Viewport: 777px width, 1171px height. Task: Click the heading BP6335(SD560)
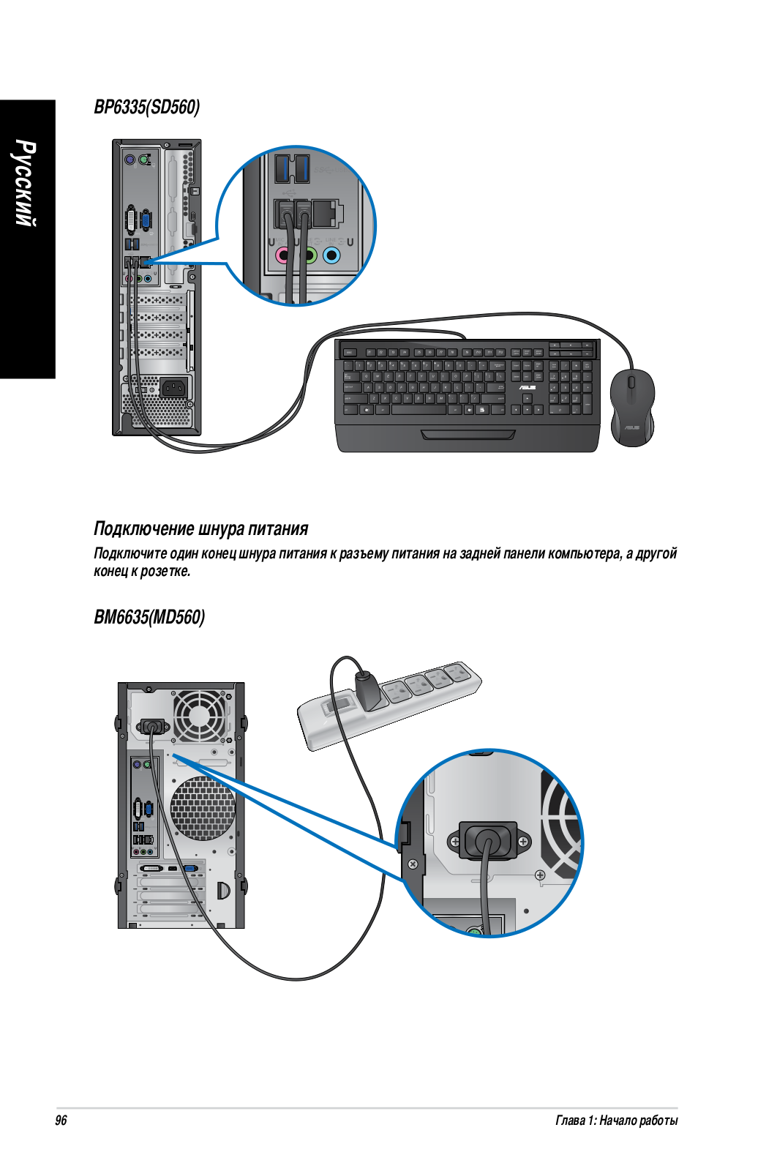pos(147,107)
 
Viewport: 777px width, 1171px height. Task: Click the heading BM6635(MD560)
pos(149,617)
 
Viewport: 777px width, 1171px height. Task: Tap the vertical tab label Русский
pos(26,183)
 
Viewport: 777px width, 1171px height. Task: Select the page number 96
pos(61,1121)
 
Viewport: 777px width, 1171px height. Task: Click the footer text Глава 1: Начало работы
pos(617,1121)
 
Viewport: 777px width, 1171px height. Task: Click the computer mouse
pos(632,408)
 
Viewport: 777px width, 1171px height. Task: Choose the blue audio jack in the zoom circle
pos(331,255)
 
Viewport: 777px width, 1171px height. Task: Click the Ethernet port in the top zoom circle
pos(328,212)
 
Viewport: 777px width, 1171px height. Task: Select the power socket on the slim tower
pos(173,388)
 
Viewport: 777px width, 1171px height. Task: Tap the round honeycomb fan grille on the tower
pos(203,809)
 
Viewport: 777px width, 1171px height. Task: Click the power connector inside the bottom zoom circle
pos(488,839)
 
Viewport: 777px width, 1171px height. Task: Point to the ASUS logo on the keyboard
pos(528,387)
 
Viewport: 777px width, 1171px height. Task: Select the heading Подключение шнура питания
pos(201,528)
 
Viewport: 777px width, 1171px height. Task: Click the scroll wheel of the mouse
pos(631,382)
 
